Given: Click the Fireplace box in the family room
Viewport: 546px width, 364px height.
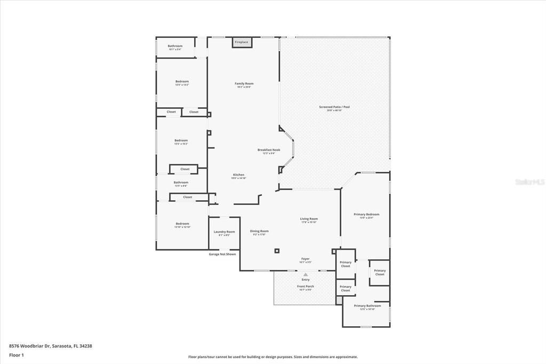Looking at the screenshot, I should tap(242, 42).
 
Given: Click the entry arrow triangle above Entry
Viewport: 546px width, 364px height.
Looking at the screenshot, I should tap(306, 275).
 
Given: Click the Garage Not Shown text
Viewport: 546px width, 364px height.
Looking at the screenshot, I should tap(222, 254).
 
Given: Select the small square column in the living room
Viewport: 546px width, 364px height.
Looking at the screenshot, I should tap(277, 250).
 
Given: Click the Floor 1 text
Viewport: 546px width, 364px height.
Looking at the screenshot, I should tap(17, 354).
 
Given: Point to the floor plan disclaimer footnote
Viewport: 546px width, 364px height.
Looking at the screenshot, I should tap(272, 357).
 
